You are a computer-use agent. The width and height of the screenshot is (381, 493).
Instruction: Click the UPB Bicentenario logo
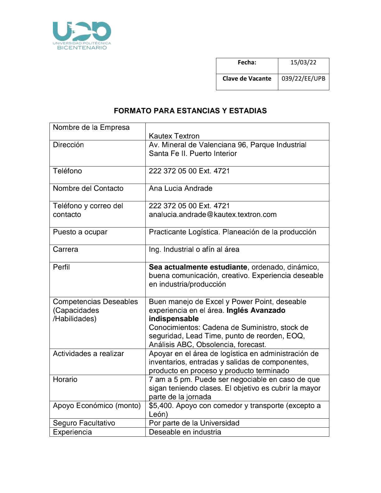(x=82, y=35)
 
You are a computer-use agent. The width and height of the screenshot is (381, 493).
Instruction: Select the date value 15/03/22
(x=303, y=63)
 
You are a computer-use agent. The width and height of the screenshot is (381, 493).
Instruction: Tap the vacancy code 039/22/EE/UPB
(x=303, y=79)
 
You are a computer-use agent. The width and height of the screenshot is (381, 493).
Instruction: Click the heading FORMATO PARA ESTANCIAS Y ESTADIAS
(x=190, y=111)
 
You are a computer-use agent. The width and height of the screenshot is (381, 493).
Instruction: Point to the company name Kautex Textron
(x=174, y=136)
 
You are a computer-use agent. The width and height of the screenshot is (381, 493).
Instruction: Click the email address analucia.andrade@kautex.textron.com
(x=213, y=214)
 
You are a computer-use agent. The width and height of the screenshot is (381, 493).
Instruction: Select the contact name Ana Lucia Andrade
(x=181, y=189)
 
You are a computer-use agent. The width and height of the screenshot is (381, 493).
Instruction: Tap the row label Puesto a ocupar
(x=80, y=232)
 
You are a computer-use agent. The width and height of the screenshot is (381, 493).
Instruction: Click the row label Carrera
(x=65, y=250)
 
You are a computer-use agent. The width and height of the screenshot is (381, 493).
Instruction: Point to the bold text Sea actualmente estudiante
(x=198, y=267)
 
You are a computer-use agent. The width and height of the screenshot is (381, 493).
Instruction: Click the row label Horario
(x=65, y=380)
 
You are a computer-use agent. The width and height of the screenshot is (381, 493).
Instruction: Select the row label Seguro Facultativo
(x=84, y=423)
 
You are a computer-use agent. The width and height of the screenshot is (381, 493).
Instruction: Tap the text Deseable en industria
(x=185, y=432)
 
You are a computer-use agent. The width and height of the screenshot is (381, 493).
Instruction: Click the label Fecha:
(x=247, y=63)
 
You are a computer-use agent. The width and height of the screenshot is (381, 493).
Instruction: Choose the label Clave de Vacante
(x=247, y=79)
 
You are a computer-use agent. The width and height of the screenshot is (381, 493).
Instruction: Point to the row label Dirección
(x=68, y=145)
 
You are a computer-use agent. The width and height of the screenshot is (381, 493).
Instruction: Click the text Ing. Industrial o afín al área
(x=194, y=250)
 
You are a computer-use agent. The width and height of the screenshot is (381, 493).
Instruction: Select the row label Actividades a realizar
(x=88, y=354)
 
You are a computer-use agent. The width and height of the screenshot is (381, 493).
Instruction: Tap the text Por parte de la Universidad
(x=194, y=423)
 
